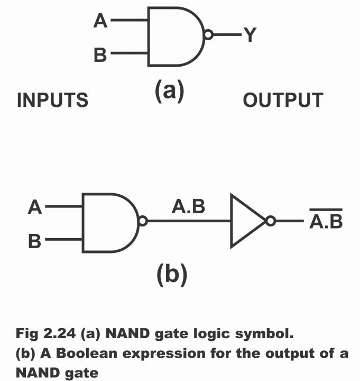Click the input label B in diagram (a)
(x=100, y=54)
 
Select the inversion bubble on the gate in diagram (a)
(x=208, y=35)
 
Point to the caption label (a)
(x=169, y=91)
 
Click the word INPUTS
(x=52, y=100)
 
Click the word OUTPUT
(x=283, y=100)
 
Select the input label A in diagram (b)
(x=35, y=207)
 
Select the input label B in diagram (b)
(x=35, y=241)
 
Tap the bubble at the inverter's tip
(x=271, y=222)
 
